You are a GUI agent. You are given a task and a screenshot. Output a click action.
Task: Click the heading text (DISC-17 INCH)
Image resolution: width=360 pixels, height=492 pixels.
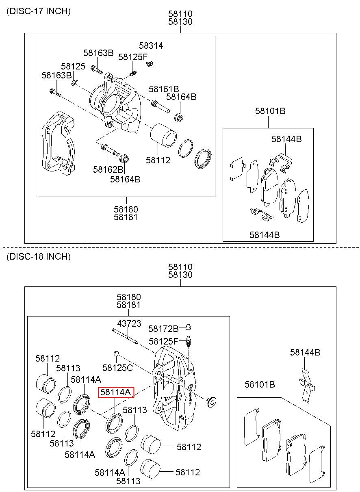(x=39, y=11)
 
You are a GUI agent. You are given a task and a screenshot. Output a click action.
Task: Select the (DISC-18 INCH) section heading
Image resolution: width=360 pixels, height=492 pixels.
(x=39, y=256)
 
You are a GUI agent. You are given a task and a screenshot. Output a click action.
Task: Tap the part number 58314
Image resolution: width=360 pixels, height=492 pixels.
(x=151, y=46)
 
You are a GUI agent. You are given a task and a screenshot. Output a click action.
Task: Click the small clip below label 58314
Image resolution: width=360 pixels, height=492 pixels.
(x=150, y=64)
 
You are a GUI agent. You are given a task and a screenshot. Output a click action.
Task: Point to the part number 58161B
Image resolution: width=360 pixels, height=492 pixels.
(x=164, y=89)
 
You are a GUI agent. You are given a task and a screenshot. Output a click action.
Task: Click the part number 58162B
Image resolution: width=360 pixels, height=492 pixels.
(x=108, y=169)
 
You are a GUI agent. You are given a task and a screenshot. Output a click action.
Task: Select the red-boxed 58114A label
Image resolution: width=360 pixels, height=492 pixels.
(x=116, y=392)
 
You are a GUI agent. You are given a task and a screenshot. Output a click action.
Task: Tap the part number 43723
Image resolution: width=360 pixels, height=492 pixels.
(x=129, y=323)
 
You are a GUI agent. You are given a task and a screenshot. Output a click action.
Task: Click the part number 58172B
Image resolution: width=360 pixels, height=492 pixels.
(x=163, y=329)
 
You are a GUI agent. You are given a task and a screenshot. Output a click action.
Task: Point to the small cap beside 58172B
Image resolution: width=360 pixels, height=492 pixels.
(x=188, y=327)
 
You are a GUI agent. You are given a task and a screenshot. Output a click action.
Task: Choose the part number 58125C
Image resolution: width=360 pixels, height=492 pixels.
(x=118, y=368)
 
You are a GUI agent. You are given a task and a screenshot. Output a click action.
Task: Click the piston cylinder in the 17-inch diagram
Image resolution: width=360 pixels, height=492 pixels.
(x=163, y=136)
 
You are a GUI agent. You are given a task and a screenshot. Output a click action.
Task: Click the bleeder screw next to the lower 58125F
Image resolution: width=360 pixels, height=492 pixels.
(x=189, y=341)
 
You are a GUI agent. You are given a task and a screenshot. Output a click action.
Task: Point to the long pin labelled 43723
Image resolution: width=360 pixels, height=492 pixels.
(x=125, y=336)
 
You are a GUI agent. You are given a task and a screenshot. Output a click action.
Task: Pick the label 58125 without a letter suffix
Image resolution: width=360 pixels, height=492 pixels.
(x=73, y=66)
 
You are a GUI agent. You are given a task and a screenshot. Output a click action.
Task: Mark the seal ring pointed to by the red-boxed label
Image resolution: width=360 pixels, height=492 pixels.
(x=114, y=423)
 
